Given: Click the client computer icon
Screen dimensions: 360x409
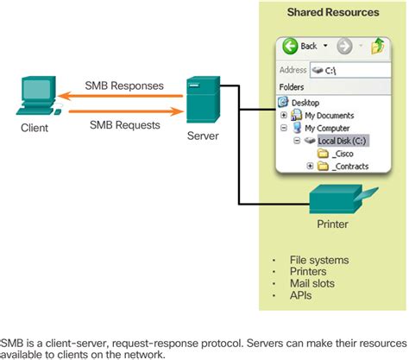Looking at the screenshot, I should click(x=36, y=96).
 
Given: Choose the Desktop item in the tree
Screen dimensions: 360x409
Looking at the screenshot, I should click(x=302, y=102).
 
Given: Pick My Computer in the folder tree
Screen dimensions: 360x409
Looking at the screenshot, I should click(x=324, y=128).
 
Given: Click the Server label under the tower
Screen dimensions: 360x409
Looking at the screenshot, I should click(x=203, y=136).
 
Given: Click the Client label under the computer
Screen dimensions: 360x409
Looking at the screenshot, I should click(x=35, y=128).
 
